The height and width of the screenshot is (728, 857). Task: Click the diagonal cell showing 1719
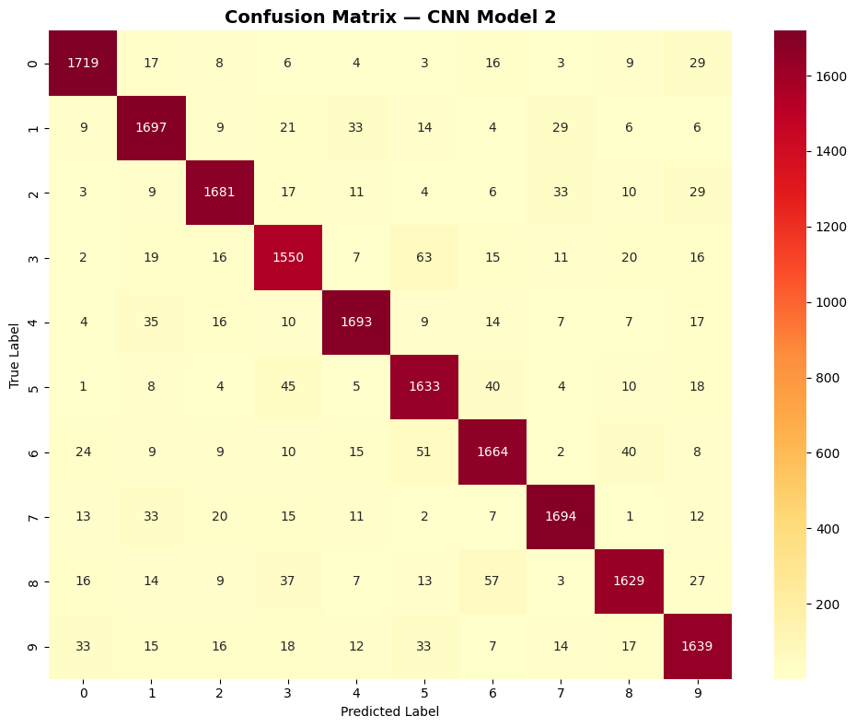pyautogui.click(x=84, y=63)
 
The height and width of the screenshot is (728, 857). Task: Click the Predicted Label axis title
pyautogui.click(x=389, y=711)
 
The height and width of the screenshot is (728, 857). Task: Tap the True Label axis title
pyautogui.click(x=15, y=355)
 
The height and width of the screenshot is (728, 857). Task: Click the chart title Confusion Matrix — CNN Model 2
pyautogui.click(x=390, y=16)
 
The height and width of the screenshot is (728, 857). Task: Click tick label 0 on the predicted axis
pyautogui.click(x=84, y=693)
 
